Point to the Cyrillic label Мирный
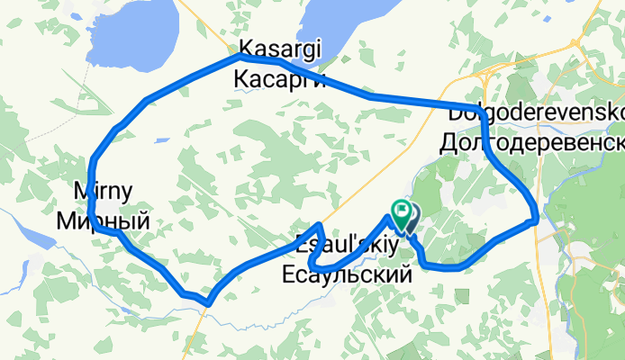click(103, 220)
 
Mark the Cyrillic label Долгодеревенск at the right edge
click(532, 142)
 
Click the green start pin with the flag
click(399, 212)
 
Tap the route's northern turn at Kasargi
click(240, 57)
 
